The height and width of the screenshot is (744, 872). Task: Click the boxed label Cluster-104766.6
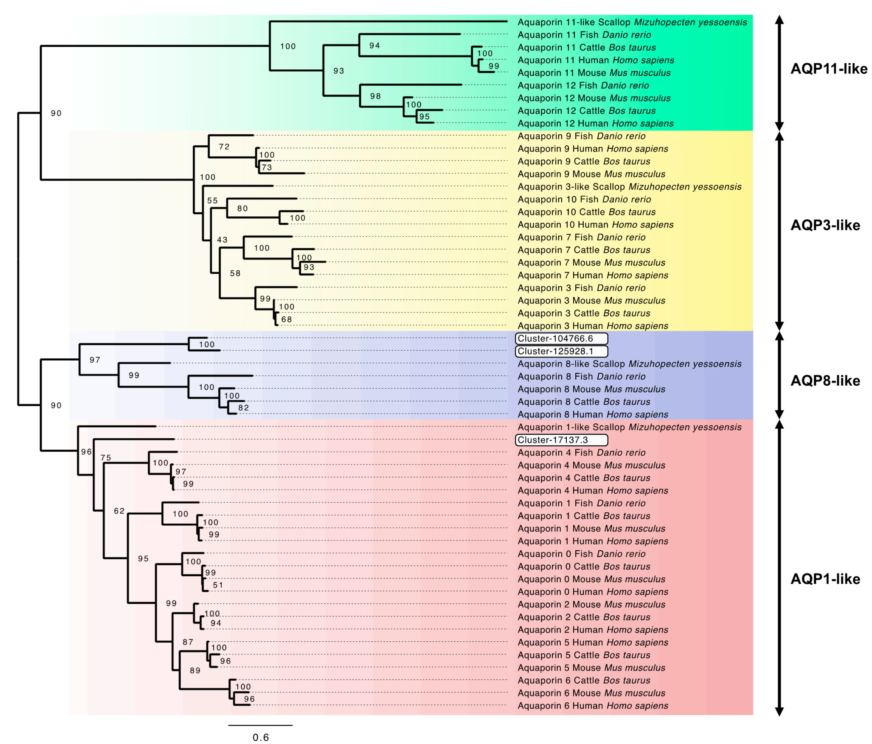tap(561, 338)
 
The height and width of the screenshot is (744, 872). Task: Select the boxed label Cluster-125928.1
tap(561, 351)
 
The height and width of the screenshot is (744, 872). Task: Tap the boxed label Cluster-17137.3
tap(561, 440)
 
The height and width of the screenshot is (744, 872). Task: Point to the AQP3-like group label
tap(825, 225)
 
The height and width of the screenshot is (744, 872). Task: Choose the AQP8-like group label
tap(825, 380)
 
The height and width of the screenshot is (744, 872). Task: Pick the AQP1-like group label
tap(825, 579)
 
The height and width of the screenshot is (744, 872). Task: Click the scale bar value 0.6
tap(260, 737)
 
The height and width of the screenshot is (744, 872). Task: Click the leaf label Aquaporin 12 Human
tap(595, 123)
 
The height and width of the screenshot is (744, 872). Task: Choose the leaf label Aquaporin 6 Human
tap(592, 706)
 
